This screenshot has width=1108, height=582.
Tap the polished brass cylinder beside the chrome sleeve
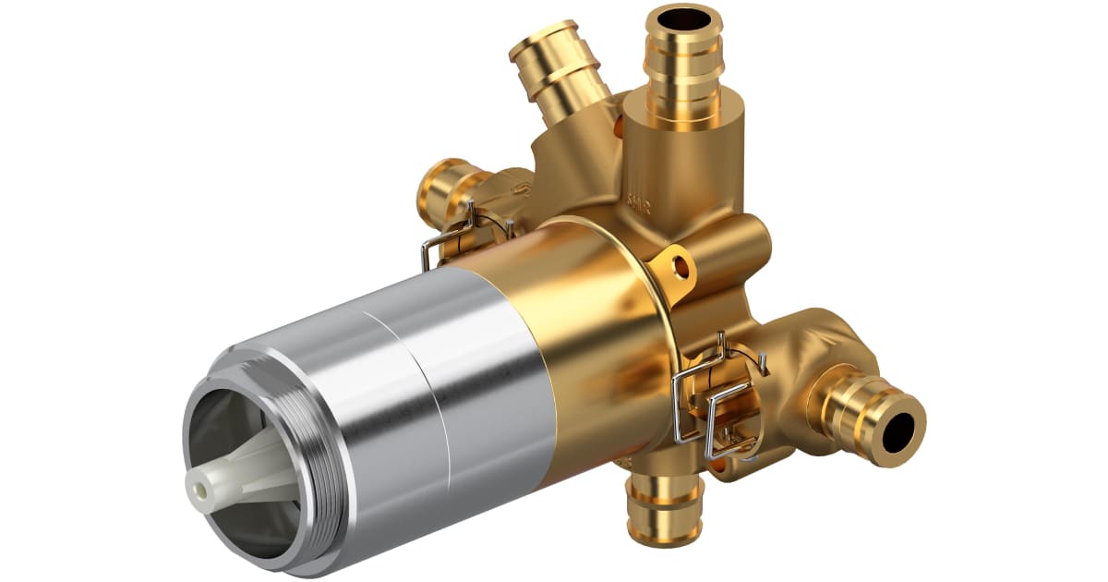coord(591,342)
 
